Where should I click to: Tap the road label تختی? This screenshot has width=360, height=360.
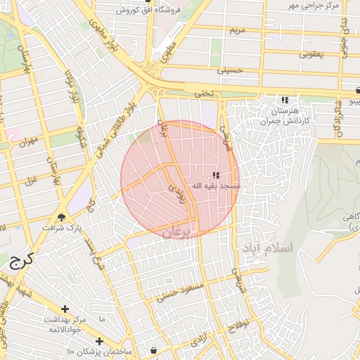[x=203, y=93]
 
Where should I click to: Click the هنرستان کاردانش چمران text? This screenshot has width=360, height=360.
[x=284, y=117]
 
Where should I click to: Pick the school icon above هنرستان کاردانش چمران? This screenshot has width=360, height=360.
[x=285, y=101]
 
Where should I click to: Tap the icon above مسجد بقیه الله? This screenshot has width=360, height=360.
[x=216, y=174]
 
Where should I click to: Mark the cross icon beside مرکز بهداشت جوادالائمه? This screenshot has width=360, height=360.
[x=65, y=309]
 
